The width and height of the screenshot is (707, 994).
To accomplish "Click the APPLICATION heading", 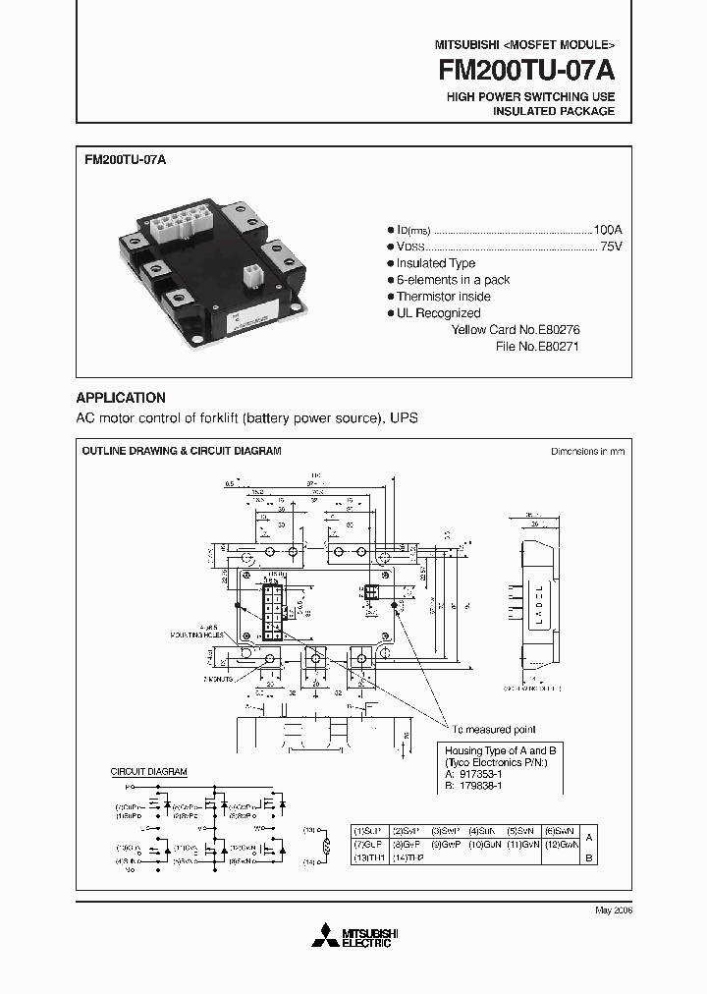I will point(121,399).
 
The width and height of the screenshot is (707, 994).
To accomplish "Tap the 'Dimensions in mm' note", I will point(586,452).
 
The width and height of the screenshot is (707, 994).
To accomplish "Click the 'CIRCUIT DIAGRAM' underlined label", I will point(147,772).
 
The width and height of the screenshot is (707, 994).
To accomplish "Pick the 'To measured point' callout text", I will point(494,730).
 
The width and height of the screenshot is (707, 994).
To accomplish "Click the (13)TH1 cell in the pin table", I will point(370,857).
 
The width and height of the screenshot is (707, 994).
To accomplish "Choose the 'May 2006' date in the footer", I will point(614,911).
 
